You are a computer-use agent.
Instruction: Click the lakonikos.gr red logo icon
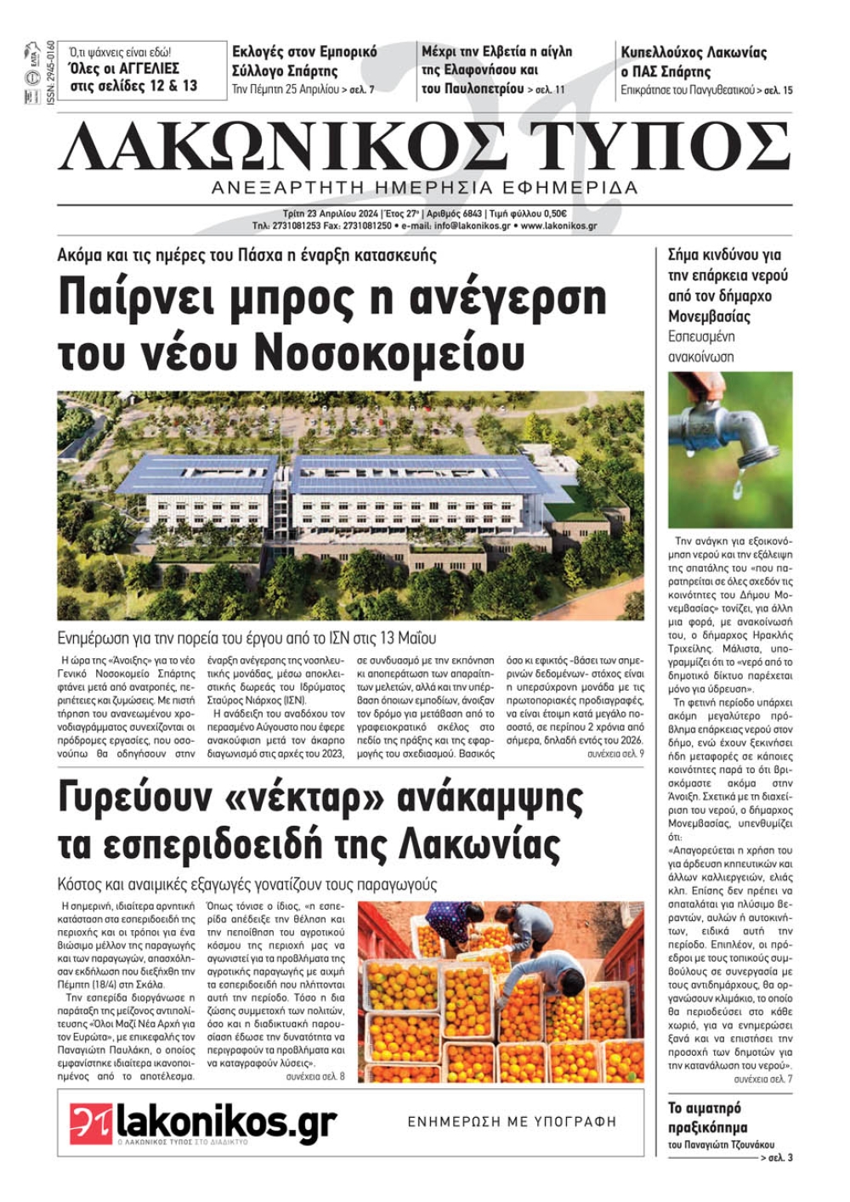pyautogui.click(x=91, y=1123)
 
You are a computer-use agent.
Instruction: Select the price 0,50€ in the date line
pyautogui.click(x=552, y=214)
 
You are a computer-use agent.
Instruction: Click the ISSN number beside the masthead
pyautogui.click(x=51, y=73)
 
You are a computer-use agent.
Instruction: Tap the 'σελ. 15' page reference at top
pyautogui.click(x=779, y=89)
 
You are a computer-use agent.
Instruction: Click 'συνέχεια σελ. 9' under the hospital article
pyautogui.click(x=615, y=753)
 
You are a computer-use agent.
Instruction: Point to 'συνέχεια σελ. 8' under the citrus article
pyautogui.click(x=315, y=1076)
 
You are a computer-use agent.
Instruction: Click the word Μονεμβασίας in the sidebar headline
pyautogui.click(x=709, y=316)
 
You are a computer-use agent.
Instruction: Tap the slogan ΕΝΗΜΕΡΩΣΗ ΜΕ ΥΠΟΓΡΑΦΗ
pyautogui.click(x=512, y=1121)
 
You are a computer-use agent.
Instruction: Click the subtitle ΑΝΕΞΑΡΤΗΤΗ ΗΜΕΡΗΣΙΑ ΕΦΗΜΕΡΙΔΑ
pyautogui.click(x=424, y=188)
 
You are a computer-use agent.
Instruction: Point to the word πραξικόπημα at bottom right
pyautogui.click(x=707, y=1127)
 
